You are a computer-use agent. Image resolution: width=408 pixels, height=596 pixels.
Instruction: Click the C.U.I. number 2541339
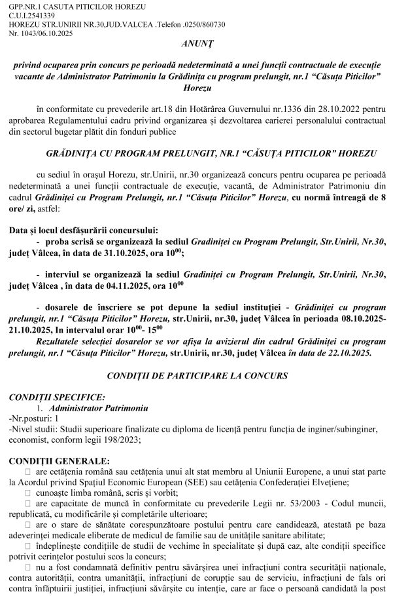(x=41, y=14)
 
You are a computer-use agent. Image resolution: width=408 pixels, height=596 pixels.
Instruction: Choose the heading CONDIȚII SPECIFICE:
(x=52, y=397)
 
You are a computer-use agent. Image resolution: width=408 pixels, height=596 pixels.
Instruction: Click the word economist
(x=24, y=439)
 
